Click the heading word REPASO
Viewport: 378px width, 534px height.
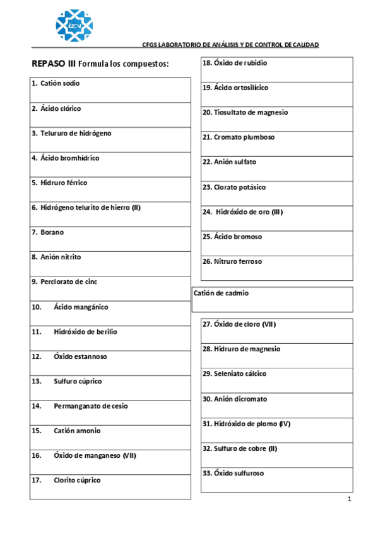tap(49, 64)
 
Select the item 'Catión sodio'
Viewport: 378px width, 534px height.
tap(60, 83)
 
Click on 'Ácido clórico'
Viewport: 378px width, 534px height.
tap(61, 108)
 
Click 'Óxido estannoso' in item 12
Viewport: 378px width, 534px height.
tap(80, 356)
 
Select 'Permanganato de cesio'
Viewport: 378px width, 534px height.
tap(90, 406)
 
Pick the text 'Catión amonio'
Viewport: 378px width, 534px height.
tap(77, 431)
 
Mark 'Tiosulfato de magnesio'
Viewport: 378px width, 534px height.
tap(251, 112)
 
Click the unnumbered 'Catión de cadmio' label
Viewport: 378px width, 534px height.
tap(221, 293)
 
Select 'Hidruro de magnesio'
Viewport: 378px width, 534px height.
tap(247, 349)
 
